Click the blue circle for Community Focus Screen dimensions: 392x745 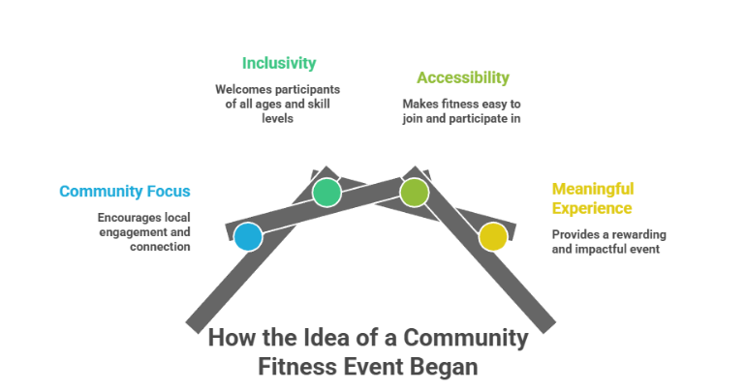248,236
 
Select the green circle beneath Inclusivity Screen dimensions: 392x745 326,192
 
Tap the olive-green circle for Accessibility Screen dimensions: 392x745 414,192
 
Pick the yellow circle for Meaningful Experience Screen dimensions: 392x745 493,236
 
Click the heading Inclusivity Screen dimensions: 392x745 279,63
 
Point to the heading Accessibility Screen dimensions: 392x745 462,77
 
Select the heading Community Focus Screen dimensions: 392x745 125,191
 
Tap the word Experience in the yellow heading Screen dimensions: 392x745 592,208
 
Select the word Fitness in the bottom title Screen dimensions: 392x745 297,368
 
